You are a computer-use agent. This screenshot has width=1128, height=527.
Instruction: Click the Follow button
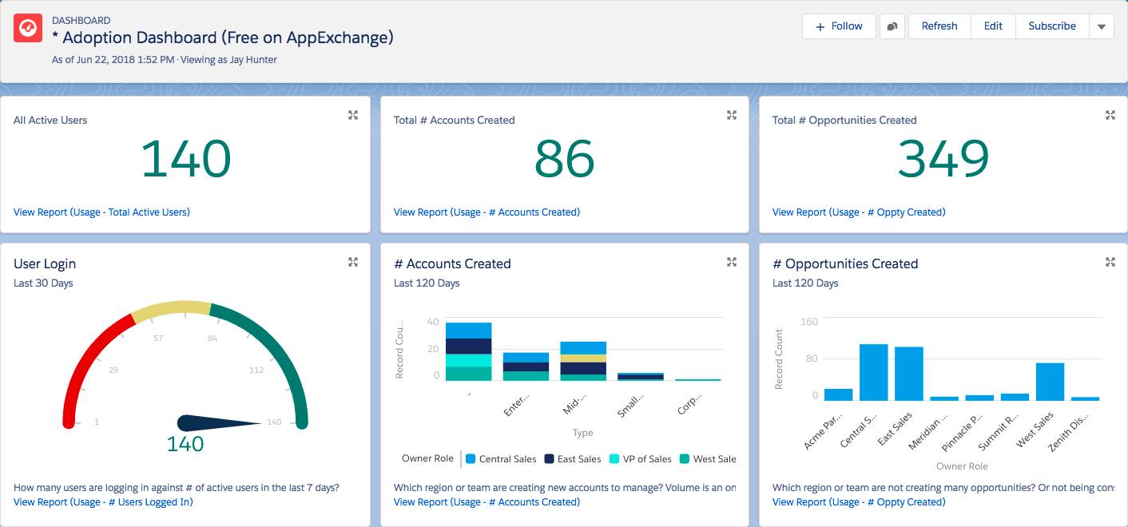(838, 26)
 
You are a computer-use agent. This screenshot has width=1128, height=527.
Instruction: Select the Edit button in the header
(992, 26)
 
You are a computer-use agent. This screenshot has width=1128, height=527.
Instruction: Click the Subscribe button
(1051, 26)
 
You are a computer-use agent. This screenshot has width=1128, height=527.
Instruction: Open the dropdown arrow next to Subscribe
(1101, 26)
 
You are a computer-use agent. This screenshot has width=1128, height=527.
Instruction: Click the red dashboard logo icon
(27, 28)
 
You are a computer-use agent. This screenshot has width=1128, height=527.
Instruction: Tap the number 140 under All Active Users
(185, 159)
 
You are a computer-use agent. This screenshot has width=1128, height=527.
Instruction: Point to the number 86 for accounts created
(564, 159)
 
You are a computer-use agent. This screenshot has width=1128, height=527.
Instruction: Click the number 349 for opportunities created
(943, 159)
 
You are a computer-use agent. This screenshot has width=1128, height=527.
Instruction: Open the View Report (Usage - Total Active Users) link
(101, 212)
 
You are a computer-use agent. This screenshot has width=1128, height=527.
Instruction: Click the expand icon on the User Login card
(353, 262)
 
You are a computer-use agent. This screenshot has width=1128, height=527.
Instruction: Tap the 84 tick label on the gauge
(212, 339)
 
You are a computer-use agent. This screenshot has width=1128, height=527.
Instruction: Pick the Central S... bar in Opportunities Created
(873, 372)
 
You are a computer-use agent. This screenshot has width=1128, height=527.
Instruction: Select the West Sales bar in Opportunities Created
(1050, 382)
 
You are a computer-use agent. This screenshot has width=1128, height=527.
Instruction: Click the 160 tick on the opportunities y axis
(808, 322)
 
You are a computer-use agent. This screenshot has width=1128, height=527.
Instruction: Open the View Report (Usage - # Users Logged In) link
(103, 502)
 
